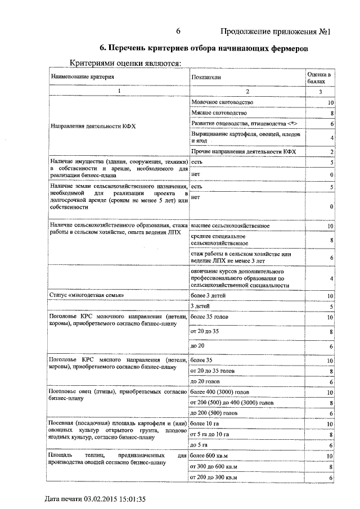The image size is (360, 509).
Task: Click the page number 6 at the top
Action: click(x=178, y=31)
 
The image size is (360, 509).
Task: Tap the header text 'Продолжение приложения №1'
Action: click(x=274, y=31)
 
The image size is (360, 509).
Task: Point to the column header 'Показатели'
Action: click(x=206, y=76)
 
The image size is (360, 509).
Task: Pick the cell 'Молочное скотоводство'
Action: click(x=223, y=102)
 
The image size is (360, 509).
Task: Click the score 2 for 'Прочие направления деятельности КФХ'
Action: click(x=332, y=152)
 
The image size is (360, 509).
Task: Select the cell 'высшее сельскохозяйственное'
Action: click(x=230, y=226)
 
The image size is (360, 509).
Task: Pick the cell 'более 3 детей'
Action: click(x=209, y=295)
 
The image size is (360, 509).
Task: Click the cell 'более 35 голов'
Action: click(x=210, y=317)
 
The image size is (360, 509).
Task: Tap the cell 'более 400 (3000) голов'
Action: click(x=221, y=392)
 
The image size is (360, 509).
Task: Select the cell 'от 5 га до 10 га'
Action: click(x=210, y=435)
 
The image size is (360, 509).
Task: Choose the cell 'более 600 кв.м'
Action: click(x=211, y=455)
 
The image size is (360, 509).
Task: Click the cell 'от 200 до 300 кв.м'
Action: click(x=215, y=477)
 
